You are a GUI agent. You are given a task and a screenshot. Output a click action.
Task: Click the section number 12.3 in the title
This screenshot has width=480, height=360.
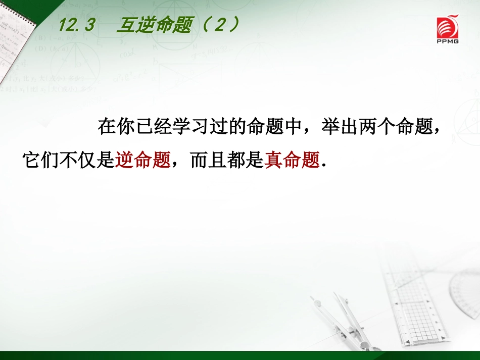tap(76, 25)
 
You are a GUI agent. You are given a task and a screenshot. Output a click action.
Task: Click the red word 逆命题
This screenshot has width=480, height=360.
tap(143, 160)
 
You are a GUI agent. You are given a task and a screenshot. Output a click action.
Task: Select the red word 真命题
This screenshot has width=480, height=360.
tap(293, 160)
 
